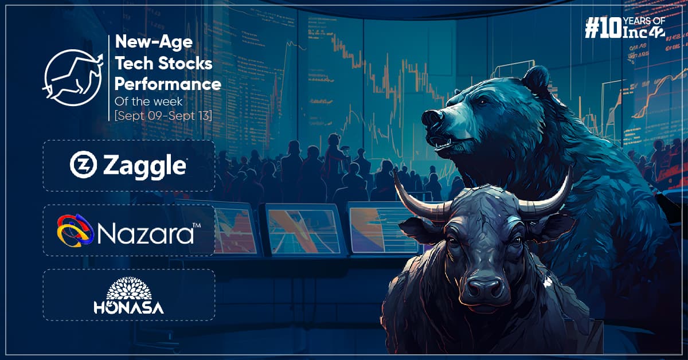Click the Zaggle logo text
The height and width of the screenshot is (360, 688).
pyautogui.click(x=145, y=166)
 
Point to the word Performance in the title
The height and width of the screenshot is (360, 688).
pyautogui.click(x=168, y=84)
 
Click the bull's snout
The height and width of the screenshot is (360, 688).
pyautogui.click(x=483, y=286)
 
